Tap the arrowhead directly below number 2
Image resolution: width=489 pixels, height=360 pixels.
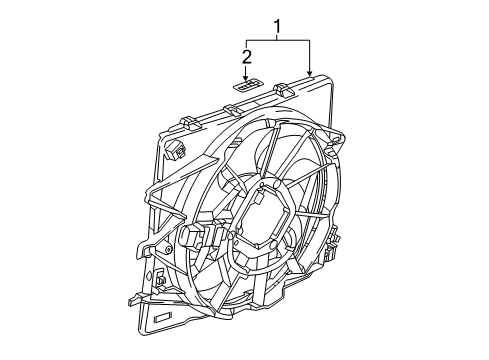[246, 76]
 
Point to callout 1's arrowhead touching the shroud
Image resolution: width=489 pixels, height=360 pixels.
[312, 75]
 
